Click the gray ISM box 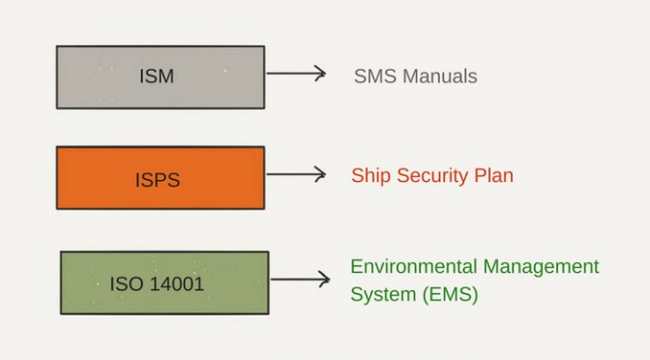pos(161,77)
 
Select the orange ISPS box pos(161,177)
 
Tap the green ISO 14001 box pos(164,283)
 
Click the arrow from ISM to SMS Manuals pos(296,74)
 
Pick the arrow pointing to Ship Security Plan pos(296,174)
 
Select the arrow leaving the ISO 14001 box pos(301,279)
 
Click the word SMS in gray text pos(375,76)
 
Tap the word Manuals pos(440,76)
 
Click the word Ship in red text pos(371,175)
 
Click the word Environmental pos(414,266)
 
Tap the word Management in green pos(541,267)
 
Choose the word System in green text pos(383,295)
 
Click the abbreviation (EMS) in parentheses pos(450,294)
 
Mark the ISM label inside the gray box pos(157,76)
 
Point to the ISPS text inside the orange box pos(158,180)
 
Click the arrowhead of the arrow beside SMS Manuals pos(321,74)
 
